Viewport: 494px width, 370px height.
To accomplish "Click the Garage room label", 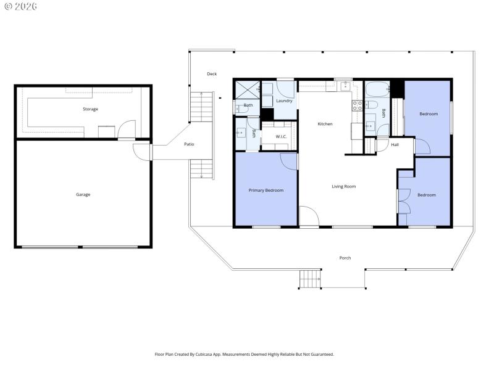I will [x=83, y=195].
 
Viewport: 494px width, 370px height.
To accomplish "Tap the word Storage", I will [x=90, y=109].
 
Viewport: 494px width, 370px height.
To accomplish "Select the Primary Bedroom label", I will [x=266, y=191].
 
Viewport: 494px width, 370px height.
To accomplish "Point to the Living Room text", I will [x=343, y=186].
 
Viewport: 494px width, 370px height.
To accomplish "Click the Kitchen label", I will [x=325, y=124].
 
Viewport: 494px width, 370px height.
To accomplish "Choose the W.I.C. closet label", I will [x=274, y=136].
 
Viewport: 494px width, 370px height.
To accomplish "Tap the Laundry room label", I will [x=284, y=101].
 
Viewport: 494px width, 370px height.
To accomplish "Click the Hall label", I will [x=395, y=145].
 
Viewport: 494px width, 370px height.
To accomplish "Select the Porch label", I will [x=345, y=258].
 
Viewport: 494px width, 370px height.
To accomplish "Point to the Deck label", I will [x=212, y=74].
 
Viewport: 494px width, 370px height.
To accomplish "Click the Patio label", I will [x=189, y=144].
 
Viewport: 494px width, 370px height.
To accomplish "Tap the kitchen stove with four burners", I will [x=356, y=105].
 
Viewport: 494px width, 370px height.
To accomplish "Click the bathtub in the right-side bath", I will [x=376, y=90].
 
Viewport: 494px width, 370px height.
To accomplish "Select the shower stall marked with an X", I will [x=247, y=90].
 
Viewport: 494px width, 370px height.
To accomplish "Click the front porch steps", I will [x=310, y=279].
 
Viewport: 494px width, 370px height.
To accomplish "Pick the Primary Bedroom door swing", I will [x=288, y=160].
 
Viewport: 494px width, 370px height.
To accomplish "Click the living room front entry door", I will [x=309, y=217].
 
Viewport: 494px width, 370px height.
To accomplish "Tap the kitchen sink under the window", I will [x=343, y=86].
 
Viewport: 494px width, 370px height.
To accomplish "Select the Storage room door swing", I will [x=126, y=129].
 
